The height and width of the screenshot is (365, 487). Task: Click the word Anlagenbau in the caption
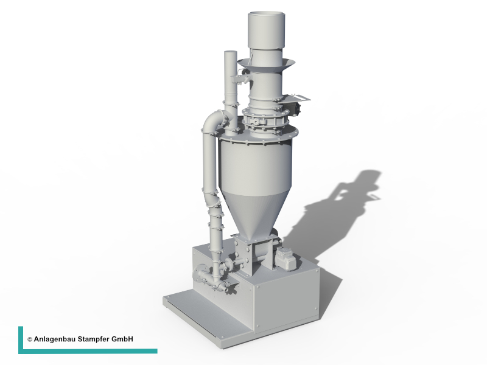pos(54,339)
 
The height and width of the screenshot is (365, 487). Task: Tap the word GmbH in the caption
pos(122,339)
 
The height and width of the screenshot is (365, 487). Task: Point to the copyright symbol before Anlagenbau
pos(30,339)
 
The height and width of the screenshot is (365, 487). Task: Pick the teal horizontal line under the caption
pos(88,352)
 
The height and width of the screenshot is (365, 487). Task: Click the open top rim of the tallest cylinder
pos(266,14)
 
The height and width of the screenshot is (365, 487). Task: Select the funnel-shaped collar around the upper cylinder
pos(266,65)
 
